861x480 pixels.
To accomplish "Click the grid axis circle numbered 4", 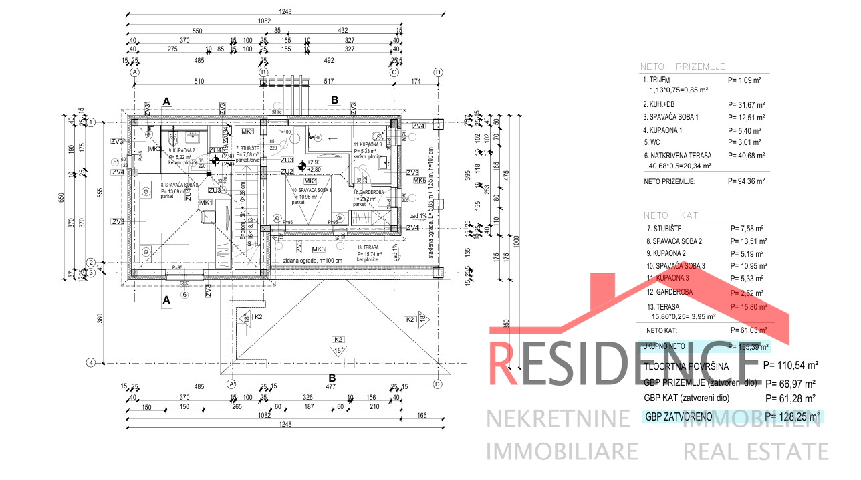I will tap(92, 363).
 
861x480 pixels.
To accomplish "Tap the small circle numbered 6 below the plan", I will tap(185, 294).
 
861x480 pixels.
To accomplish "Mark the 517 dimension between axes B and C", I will tap(329, 82).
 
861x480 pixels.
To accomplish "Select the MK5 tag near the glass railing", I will tap(420, 181).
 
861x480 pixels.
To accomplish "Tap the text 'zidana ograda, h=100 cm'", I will tap(312, 261).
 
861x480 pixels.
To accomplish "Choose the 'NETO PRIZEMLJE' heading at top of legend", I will tap(683, 67).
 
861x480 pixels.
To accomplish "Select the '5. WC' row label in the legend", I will tap(652, 142).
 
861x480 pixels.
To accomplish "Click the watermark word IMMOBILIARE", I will tap(562, 451).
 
